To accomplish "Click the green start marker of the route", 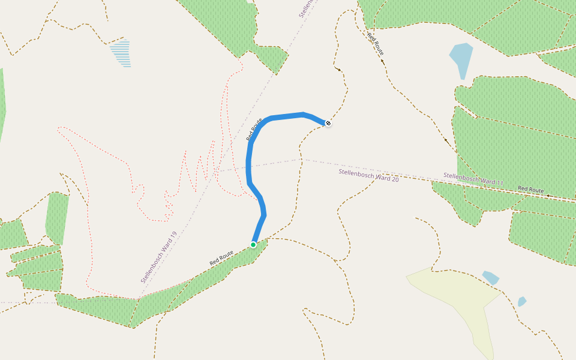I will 253,245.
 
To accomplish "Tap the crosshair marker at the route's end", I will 328,123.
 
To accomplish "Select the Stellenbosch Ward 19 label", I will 159,257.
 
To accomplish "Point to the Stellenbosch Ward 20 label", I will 368,175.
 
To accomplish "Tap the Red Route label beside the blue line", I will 254,129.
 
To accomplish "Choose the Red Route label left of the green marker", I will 221,259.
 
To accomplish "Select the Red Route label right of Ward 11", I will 530,190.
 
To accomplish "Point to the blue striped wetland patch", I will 121,53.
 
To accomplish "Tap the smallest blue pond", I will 521,301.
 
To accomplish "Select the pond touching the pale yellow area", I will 491,278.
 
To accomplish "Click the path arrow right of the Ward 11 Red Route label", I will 548,196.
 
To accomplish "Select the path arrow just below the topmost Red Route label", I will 382,61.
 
